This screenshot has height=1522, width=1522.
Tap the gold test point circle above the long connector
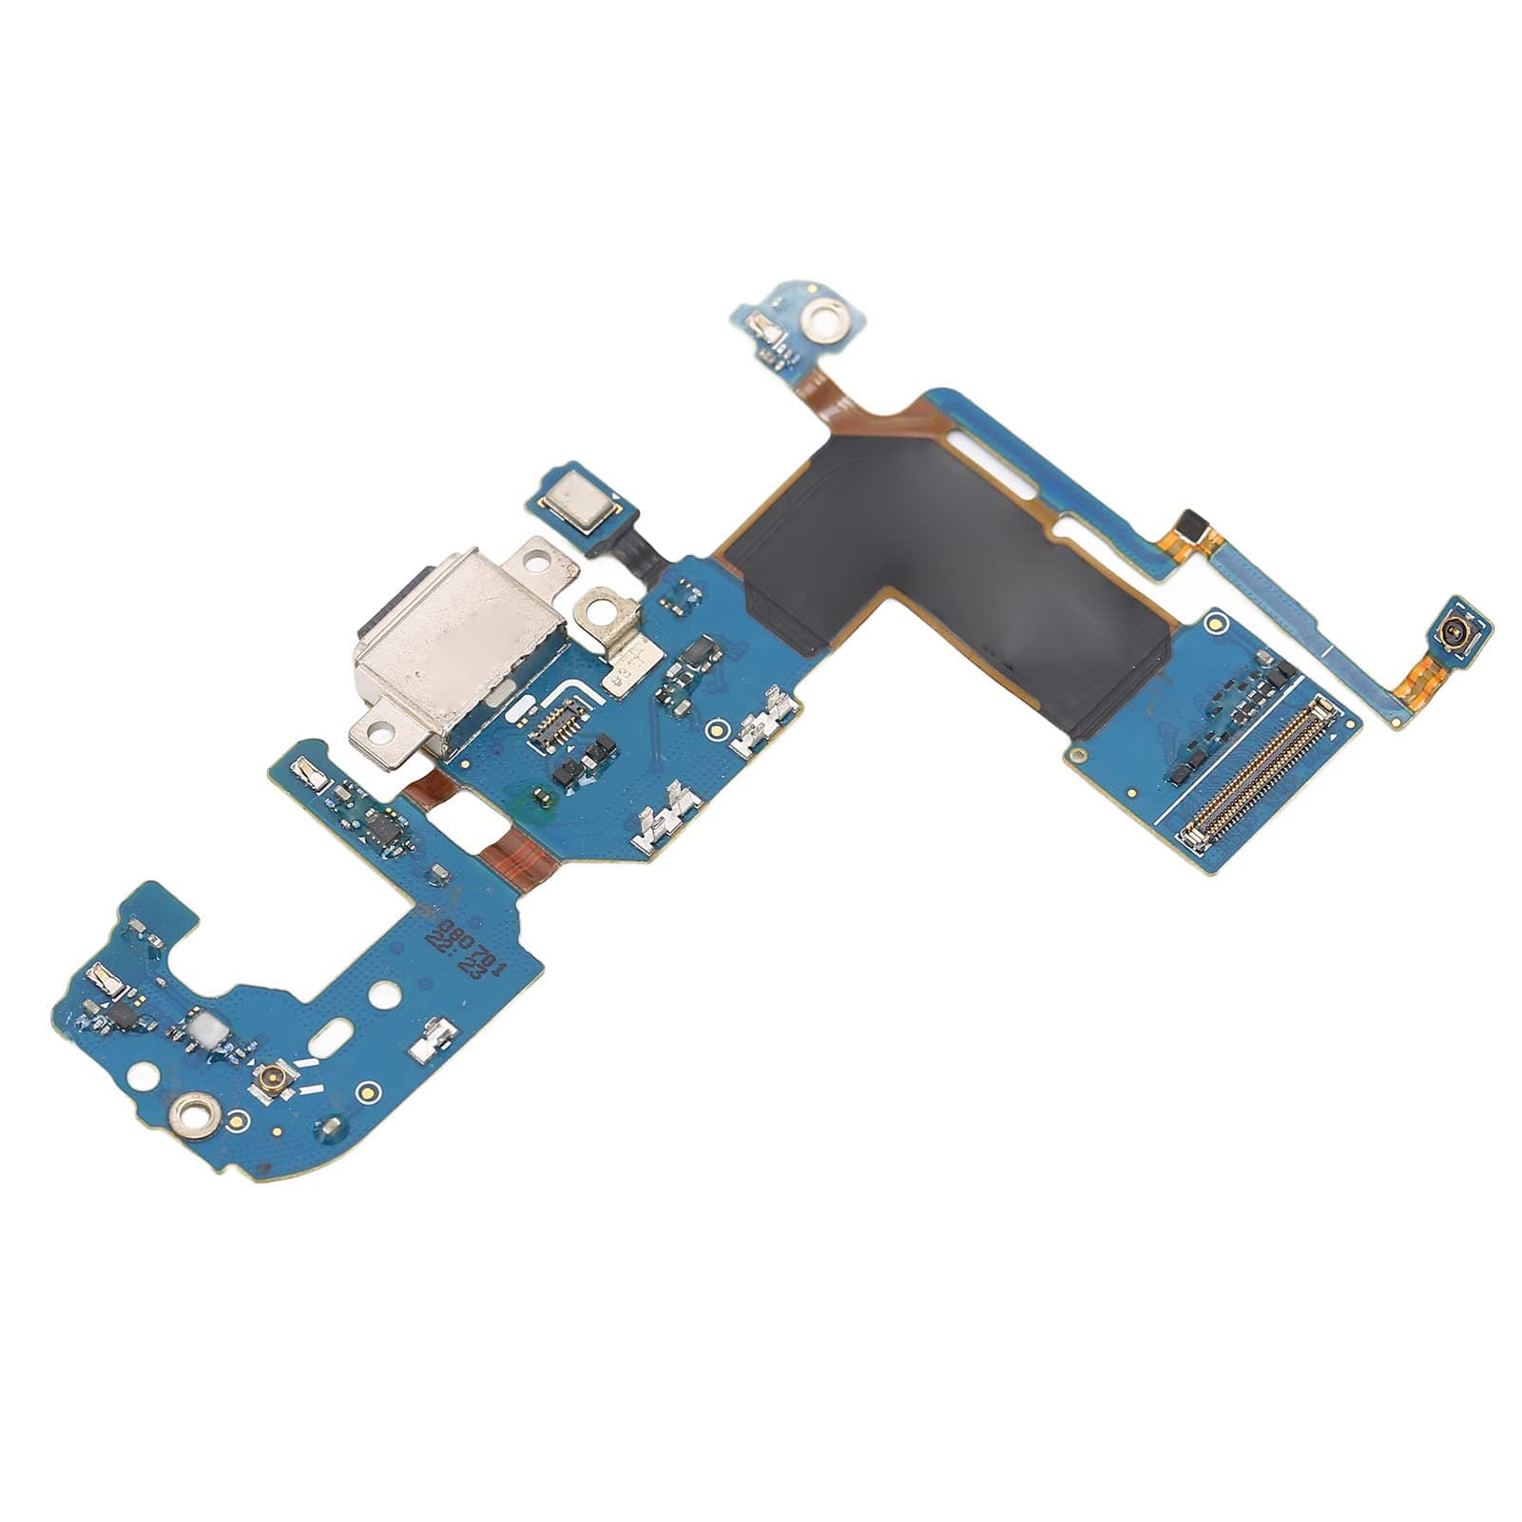point(1214,625)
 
